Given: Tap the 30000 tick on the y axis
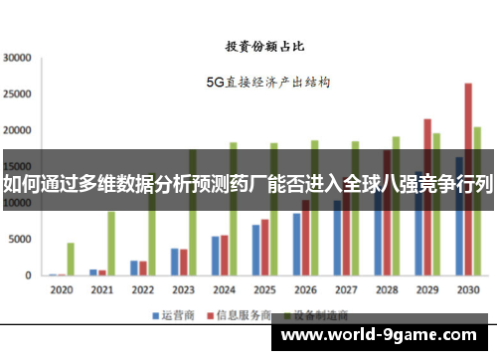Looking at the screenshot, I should click(x=17, y=58).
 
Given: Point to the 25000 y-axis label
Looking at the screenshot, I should click(x=17, y=94).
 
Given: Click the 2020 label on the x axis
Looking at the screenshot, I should click(x=61, y=289).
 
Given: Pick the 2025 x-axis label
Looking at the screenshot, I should click(x=263, y=289).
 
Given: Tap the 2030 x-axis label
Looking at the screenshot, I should click(x=466, y=289).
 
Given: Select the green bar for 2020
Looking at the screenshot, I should click(x=71, y=259).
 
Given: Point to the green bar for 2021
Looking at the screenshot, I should click(x=111, y=243).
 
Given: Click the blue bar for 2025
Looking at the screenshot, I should click(x=255, y=250).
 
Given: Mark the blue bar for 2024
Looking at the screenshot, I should click(x=215, y=256).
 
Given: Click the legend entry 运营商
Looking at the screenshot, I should click(x=170, y=315).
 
